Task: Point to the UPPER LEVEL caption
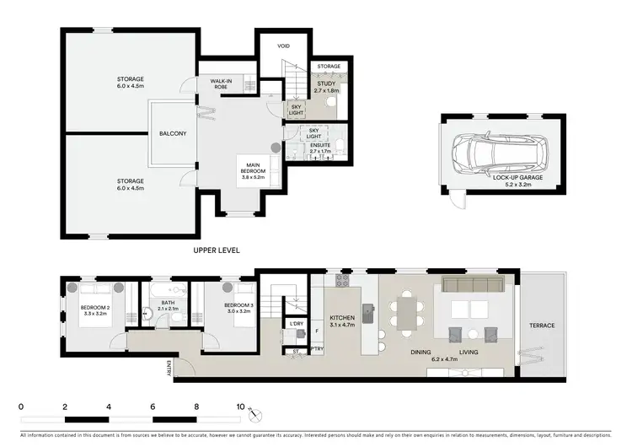coord(217,250)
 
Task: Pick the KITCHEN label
coord(342,317)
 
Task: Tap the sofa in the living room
coord(469,284)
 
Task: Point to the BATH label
coord(168,303)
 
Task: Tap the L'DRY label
coord(296,324)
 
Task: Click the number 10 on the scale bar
coord(240,407)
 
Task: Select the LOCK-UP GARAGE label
coord(490,177)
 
